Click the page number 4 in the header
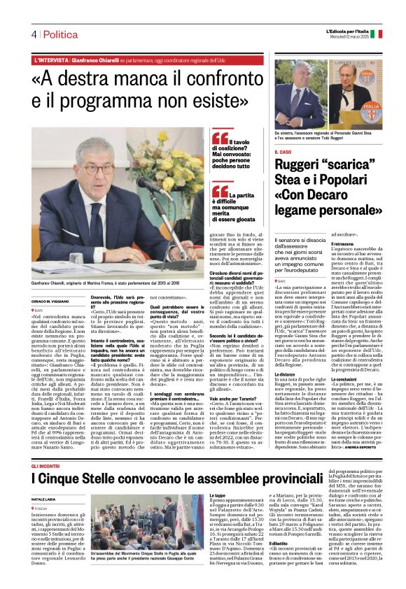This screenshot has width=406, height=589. pyautogui.click(x=33, y=34)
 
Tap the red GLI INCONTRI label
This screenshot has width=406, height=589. pyautogui.click(x=46, y=445)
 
